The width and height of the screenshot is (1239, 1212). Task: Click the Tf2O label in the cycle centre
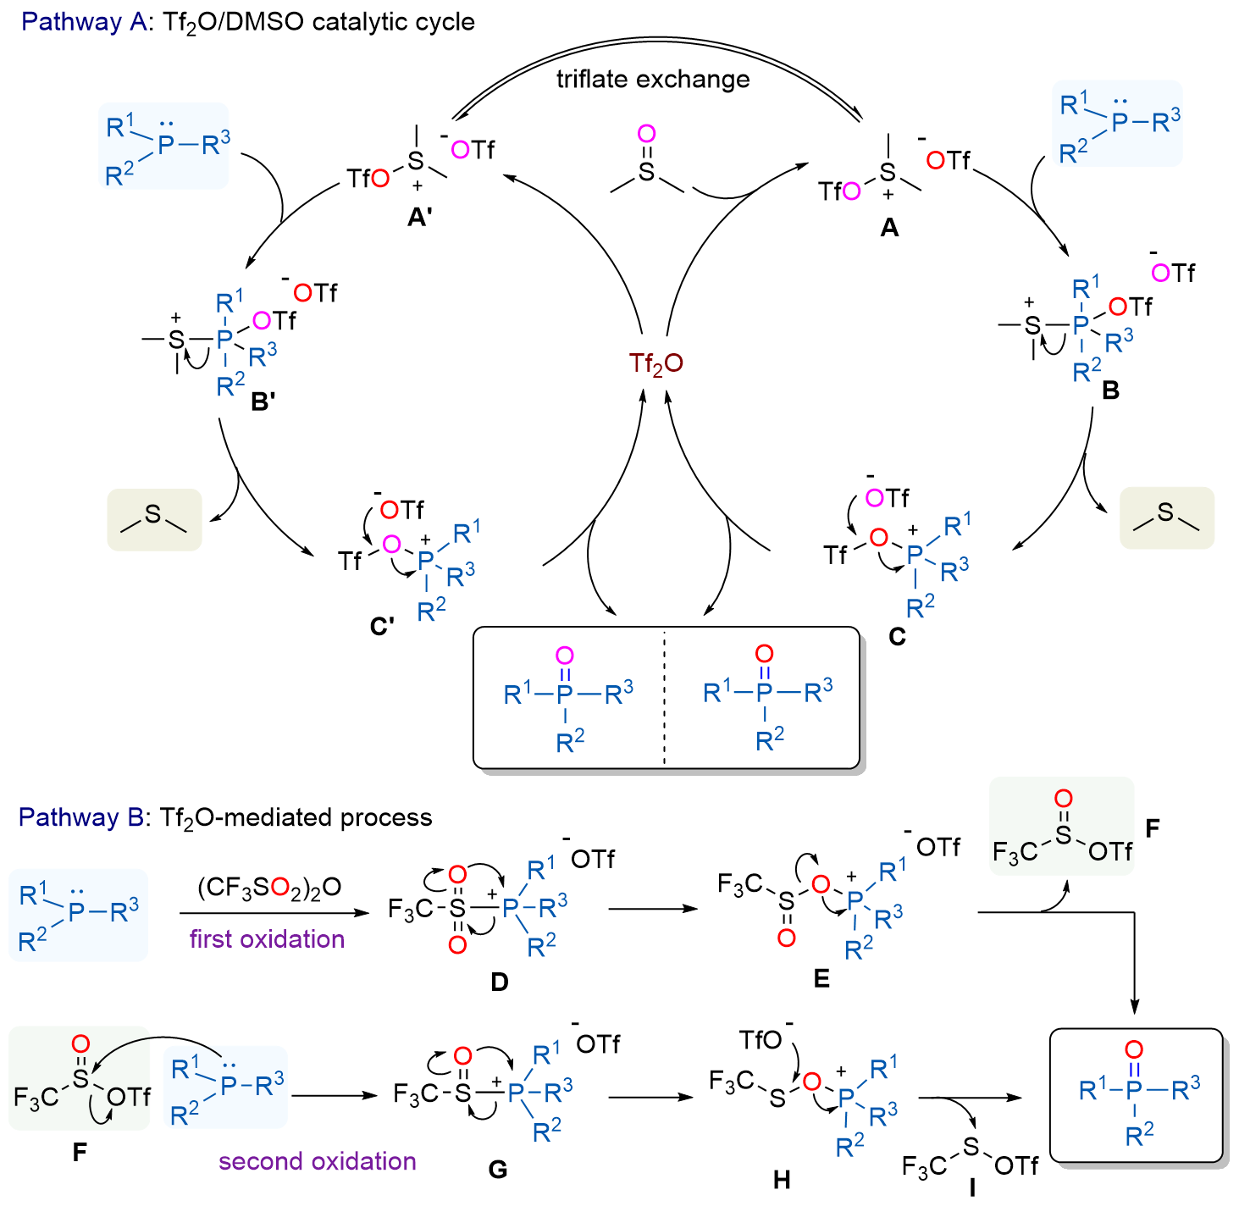(655, 364)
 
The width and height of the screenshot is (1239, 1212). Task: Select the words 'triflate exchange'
(653, 80)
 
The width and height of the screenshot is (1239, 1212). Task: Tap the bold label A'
(420, 218)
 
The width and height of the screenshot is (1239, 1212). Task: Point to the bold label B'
(263, 401)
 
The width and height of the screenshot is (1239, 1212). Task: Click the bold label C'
(382, 627)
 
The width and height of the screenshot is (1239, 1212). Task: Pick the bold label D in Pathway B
(499, 982)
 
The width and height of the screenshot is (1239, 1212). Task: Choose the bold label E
(821, 978)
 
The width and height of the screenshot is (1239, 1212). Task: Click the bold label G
(497, 1170)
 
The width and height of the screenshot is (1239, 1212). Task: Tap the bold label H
(781, 1180)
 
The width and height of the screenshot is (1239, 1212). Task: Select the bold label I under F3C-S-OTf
(971, 1187)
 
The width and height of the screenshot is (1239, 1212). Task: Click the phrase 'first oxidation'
(267, 939)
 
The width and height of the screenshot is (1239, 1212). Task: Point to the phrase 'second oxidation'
(317, 1162)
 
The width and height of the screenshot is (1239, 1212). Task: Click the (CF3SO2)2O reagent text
(269, 887)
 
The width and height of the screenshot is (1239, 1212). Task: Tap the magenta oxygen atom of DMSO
(646, 134)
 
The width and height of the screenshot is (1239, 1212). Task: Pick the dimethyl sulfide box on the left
(154, 520)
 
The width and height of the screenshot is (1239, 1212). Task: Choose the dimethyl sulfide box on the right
(1166, 517)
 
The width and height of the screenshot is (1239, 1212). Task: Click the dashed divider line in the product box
(664, 697)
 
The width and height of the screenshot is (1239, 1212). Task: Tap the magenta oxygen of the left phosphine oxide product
(564, 656)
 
